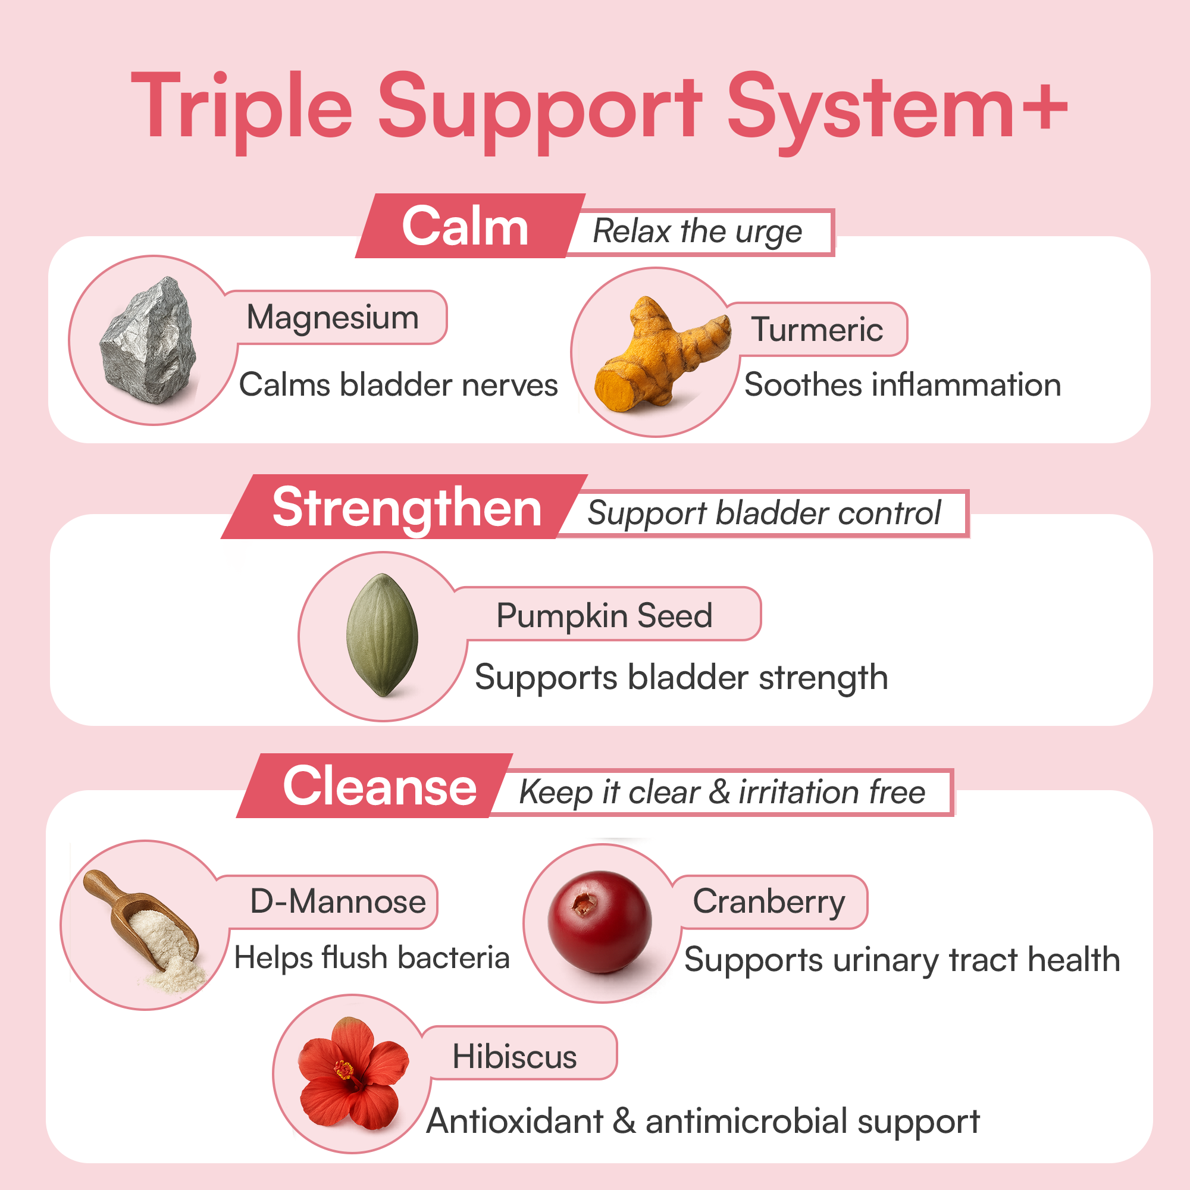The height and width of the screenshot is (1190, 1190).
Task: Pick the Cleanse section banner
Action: tap(380, 787)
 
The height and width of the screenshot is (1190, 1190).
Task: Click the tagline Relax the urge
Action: tap(697, 232)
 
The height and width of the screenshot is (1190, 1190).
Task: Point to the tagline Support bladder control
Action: tap(764, 513)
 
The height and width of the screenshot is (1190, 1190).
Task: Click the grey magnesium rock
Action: tap(150, 343)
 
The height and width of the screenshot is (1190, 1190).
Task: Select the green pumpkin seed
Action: tap(383, 634)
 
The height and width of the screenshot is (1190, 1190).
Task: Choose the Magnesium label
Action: tap(333, 318)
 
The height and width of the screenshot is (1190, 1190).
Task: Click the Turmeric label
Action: tap(817, 330)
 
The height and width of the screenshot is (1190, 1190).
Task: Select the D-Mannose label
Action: tap(337, 902)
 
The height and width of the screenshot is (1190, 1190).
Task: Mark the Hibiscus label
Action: tap(514, 1057)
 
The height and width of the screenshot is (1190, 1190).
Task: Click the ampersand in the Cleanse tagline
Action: tap(719, 791)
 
